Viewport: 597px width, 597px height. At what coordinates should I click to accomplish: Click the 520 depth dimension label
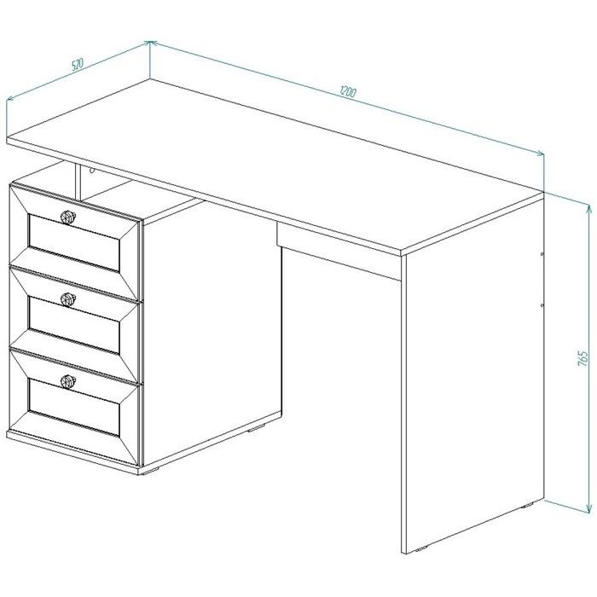78,64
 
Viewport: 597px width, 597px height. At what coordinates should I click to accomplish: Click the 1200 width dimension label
348,92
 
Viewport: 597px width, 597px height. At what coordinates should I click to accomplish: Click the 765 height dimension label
583,359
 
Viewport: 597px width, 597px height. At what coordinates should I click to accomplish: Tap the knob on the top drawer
68,217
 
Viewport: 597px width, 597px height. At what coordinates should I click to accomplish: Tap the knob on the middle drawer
68,299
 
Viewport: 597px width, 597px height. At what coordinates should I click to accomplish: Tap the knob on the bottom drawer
68,381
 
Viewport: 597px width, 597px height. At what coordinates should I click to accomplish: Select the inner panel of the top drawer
74,243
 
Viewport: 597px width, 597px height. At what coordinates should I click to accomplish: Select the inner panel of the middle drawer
74,325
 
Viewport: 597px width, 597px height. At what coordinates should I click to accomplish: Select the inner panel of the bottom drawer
74,408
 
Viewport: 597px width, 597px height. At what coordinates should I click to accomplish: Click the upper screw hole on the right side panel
542,253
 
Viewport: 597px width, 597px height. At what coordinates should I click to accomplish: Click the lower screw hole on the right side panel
542,305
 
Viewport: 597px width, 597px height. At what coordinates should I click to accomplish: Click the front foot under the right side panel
421,549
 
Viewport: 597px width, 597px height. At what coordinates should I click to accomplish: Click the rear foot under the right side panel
527,506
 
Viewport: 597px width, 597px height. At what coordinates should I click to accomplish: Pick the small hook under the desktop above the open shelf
91,170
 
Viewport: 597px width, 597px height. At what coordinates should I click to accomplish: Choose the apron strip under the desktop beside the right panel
339,252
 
